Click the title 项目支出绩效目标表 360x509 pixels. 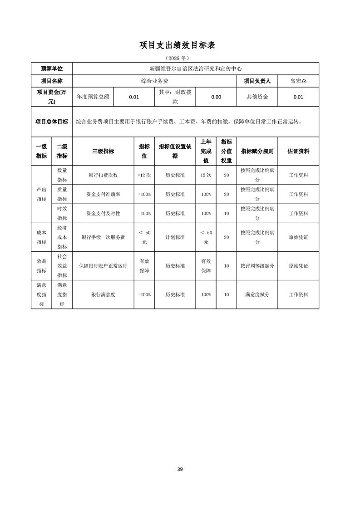(180, 45)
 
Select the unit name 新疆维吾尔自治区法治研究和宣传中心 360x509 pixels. (195, 69)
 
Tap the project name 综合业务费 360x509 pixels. (155, 81)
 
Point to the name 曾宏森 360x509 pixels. (298, 81)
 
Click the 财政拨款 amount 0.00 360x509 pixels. (216, 97)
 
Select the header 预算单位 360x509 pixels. (51, 69)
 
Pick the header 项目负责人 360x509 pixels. (257, 81)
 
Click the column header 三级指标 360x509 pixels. (103, 151)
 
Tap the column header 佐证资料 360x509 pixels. (298, 151)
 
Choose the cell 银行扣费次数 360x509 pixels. (103, 175)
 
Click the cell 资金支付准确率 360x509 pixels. (103, 194)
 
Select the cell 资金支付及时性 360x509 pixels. (103, 213)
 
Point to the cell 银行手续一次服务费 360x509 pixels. (103, 237)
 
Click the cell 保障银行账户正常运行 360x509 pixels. (103, 266)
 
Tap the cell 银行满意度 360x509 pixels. (103, 294)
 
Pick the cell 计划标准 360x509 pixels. (175, 237)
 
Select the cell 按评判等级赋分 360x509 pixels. (257, 266)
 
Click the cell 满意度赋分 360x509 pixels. (257, 294)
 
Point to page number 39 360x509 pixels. (180, 469)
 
